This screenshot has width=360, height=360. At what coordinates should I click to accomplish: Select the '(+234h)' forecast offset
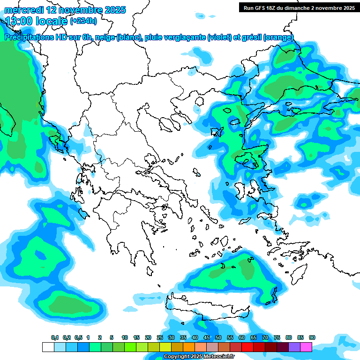point(83,21)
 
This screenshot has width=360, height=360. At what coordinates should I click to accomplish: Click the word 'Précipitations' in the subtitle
point(29,37)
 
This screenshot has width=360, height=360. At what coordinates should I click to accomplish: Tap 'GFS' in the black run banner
point(260,7)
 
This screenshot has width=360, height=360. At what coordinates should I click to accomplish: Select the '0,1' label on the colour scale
point(55,337)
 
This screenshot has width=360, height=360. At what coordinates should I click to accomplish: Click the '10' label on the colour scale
point(125,337)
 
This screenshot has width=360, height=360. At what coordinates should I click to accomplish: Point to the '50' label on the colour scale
point(218,337)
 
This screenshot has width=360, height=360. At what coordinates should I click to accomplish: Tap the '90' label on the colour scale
point(312,337)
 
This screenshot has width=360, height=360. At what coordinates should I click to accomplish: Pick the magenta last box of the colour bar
point(306,347)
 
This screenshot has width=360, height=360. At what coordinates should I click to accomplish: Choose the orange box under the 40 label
point(189,347)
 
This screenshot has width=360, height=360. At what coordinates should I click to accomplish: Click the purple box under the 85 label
point(294,347)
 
